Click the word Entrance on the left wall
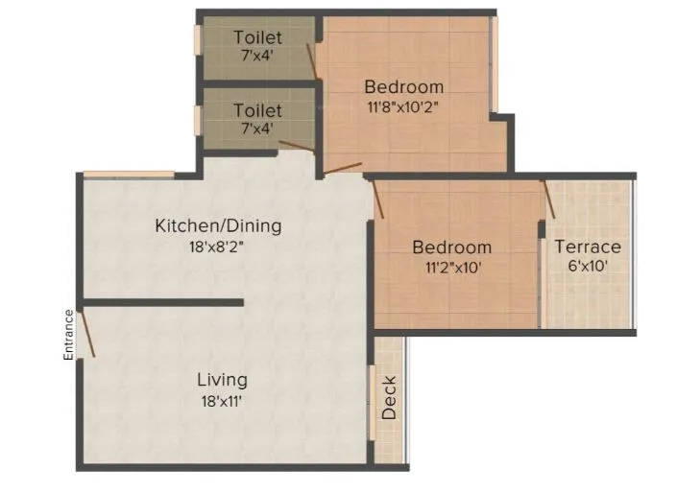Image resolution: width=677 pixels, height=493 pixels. tap(69, 335)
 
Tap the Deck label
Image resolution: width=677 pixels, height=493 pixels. tap(389, 398)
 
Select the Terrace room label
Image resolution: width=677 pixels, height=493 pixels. tap(588, 246)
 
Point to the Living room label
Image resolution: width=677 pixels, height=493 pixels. tap(222, 379)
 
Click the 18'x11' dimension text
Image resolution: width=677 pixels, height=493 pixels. tap(222, 401)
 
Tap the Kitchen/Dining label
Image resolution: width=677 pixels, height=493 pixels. tap(218, 226)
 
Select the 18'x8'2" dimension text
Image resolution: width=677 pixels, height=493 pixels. tap(218, 247)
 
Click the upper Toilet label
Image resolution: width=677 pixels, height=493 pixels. tap(258, 37)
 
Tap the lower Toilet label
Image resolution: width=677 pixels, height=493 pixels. tap(258, 111)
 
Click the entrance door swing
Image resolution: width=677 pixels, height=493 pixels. tap(86, 334)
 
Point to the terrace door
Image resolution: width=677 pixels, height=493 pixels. tap(549, 200)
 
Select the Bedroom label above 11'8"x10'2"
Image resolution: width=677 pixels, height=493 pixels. tap(404, 87)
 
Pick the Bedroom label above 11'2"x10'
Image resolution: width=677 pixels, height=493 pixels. tap(451, 247)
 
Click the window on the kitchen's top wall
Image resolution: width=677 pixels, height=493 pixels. tap(128, 174)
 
